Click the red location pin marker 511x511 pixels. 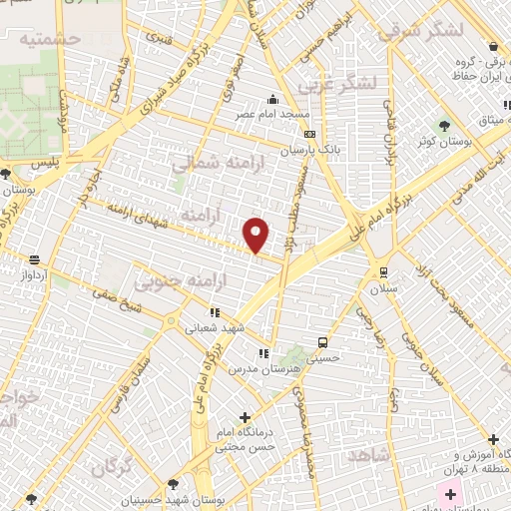click(x=256, y=235)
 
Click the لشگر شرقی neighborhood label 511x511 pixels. click(x=421, y=29)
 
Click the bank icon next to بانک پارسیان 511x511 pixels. click(x=310, y=135)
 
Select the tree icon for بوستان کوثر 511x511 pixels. click(x=444, y=125)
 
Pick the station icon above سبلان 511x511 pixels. click(x=383, y=271)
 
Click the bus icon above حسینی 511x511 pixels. click(x=321, y=341)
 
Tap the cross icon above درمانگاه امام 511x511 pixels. click(x=246, y=417)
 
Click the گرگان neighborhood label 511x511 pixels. click(x=113, y=467)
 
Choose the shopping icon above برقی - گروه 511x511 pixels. click(x=493, y=46)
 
